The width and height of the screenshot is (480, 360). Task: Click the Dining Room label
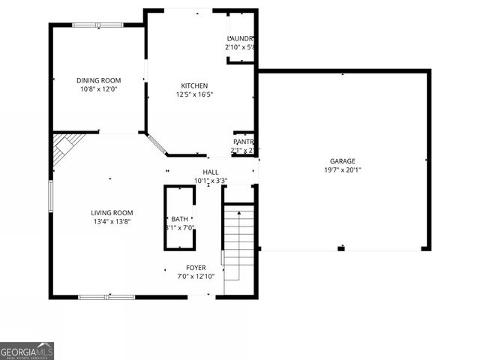coord(98,80)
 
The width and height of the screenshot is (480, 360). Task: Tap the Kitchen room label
coord(194,85)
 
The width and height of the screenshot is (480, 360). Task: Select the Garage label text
coord(343,161)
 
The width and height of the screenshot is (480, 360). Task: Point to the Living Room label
coord(112,213)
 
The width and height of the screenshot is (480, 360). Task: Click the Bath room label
coord(180,219)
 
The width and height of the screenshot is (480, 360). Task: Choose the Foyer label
coord(196,268)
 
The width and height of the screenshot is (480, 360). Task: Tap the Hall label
coord(211,172)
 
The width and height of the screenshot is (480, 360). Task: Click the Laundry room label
coord(241,38)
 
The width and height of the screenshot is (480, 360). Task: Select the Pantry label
coord(244,142)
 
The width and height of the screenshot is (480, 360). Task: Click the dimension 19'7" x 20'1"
coord(343,169)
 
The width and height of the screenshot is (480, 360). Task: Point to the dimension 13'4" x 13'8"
coord(112,222)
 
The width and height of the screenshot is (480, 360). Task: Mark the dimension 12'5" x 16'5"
coord(195,94)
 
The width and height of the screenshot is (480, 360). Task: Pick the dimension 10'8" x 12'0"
coord(98,89)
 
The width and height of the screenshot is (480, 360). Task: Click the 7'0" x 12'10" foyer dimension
coord(196,277)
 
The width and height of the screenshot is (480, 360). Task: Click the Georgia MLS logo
coord(27,350)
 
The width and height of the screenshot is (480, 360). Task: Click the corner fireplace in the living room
coord(65,148)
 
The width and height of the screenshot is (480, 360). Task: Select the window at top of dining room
coord(97,25)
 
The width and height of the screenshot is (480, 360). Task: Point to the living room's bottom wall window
coord(106,297)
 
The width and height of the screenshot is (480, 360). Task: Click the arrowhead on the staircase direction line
coord(239,214)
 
